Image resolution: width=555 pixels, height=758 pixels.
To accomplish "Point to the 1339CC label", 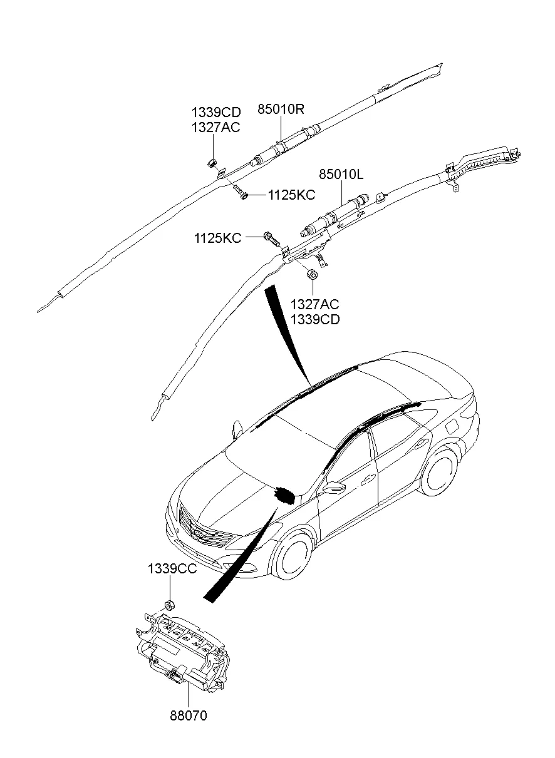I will [172, 569].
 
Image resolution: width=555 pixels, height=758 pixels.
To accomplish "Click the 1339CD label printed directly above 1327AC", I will [215, 113].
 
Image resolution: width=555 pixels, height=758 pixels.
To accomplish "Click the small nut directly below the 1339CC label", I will [169, 605].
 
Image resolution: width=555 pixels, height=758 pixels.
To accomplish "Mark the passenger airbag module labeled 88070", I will [182, 651].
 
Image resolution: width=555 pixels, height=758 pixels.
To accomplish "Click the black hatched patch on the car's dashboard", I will [284, 494].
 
